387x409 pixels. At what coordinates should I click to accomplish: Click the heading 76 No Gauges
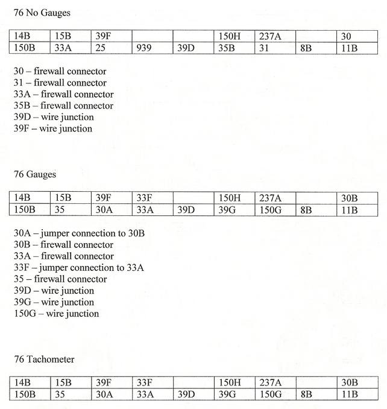42,13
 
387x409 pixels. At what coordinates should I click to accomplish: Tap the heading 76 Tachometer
44,360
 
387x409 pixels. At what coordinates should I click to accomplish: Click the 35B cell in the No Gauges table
226,48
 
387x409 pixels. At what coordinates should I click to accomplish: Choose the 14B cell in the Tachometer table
22,383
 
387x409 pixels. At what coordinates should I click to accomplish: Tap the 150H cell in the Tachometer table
229,383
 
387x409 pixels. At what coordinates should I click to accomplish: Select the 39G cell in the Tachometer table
227,395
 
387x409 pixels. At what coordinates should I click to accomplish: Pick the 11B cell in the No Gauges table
350,48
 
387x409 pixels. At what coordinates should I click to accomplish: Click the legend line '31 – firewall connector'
60,83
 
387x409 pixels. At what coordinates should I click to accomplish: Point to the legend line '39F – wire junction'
53,128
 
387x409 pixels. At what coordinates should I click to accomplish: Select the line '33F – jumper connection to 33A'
78,268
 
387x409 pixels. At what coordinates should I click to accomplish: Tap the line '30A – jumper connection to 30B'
79,233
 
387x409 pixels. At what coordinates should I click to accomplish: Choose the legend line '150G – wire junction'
56,314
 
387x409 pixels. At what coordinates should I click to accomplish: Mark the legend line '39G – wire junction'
54,302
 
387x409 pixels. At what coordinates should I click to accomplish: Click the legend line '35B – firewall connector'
63,106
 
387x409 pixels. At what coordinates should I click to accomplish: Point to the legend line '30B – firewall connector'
63,245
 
